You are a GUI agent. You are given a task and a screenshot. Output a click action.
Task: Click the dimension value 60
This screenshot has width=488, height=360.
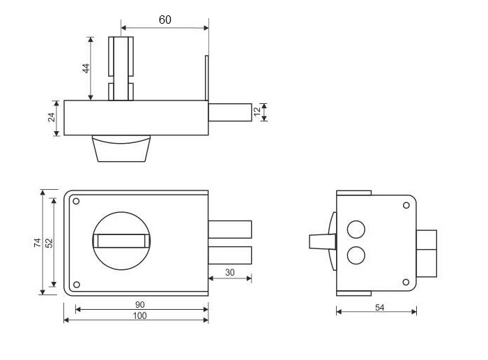coord(165,20)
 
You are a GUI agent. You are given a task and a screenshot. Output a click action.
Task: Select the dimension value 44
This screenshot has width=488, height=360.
coord(86,68)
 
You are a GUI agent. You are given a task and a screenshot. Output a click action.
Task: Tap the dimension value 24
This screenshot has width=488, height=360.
coord(52,117)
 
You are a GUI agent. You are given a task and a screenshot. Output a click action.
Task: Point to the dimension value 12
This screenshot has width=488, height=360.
coord(257,112)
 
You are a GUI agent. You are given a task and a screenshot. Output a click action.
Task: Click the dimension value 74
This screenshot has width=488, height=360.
coord(38,243)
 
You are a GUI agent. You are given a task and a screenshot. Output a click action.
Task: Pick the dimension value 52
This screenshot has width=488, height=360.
coord(49,243)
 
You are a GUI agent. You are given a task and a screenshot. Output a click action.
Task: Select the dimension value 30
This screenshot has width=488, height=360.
coord(229,273)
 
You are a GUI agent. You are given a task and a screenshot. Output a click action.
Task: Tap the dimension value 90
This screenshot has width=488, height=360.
coord(139,305)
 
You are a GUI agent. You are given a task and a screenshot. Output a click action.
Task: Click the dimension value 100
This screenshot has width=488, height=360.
coord(139,316)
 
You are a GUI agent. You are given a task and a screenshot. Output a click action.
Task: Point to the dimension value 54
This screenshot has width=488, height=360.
coord(379,308)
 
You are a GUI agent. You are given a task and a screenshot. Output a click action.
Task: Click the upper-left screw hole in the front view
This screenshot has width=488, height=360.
coord(76,201)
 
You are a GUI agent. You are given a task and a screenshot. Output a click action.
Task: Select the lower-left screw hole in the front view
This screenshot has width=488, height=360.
coord(76,285)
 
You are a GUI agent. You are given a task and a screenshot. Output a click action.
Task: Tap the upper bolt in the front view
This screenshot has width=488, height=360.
coord(230,230)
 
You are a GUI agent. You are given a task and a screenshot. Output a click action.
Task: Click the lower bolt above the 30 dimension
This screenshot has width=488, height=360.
coord(230,255)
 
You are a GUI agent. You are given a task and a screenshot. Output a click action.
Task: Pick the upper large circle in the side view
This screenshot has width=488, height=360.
coord(356,230)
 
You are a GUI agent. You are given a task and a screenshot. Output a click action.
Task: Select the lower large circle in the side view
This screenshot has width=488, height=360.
coord(356,255)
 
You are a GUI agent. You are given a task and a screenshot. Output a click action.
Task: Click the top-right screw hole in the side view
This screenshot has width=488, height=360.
coord(406,205)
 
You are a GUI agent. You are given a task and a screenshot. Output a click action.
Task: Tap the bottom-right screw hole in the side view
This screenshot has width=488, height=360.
coord(406,282)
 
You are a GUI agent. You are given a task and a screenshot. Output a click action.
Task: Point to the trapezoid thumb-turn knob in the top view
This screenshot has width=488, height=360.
coord(121,149)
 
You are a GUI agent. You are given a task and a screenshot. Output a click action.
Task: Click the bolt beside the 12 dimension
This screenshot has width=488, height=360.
coord(230,112)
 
